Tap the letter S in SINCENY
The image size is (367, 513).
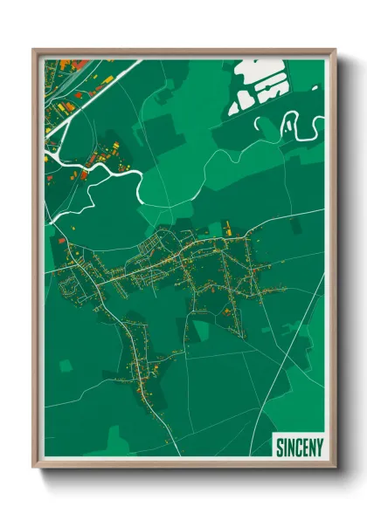coord(280,448)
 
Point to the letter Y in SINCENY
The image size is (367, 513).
coord(319,448)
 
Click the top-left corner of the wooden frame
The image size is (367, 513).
coord(33,49)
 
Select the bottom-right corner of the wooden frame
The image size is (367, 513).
coord(336,469)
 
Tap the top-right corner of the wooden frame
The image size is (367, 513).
coord(336,49)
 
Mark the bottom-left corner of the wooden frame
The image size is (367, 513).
coord(33,469)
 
